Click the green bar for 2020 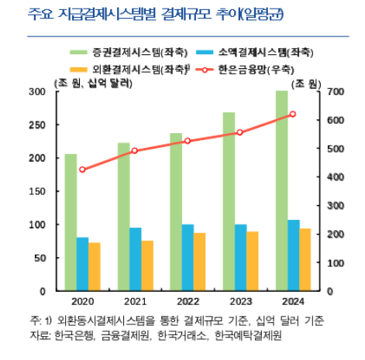coord(71,222)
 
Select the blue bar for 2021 coord(135,259)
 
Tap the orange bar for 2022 coord(199,262)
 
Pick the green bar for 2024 coord(281,190)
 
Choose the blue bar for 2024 coord(293,255)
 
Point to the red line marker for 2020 coord(82,170)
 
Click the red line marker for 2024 coord(292,115)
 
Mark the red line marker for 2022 coord(188,141)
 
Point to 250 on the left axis coord(36,125)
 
